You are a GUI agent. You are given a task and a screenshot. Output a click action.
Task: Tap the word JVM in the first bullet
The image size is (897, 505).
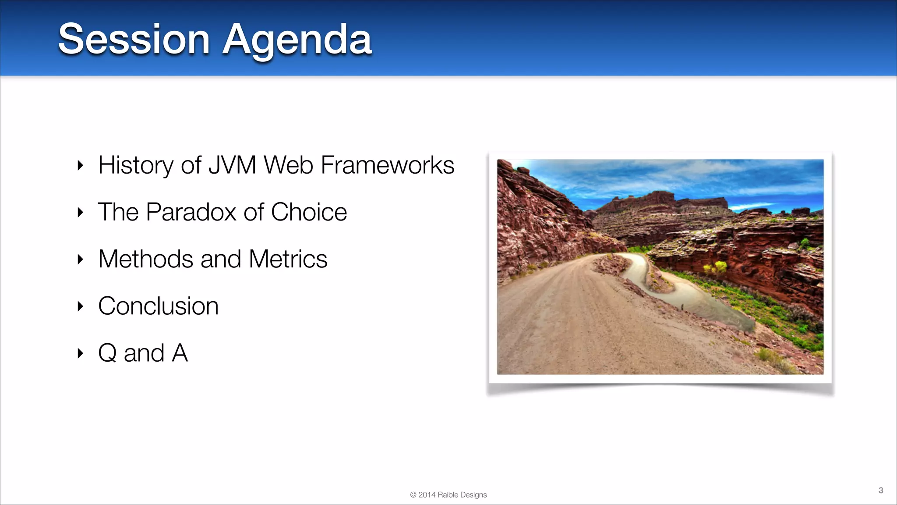click(232, 165)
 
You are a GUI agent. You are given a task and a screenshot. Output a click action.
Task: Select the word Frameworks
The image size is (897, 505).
click(387, 165)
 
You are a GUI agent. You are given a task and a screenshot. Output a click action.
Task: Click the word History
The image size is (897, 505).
click(136, 166)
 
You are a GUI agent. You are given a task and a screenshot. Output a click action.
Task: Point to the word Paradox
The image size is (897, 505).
click(191, 212)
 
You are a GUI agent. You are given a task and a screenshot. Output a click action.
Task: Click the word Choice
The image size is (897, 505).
click(309, 212)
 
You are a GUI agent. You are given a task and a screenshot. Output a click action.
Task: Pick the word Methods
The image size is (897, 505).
click(145, 259)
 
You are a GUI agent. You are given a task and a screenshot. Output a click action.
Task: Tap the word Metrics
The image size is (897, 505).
click(288, 259)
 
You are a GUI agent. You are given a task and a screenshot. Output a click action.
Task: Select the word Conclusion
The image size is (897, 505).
click(158, 306)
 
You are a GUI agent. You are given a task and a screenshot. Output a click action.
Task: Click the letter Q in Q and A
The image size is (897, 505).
click(107, 353)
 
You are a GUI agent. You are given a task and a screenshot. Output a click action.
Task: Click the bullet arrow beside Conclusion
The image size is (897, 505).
click(80, 306)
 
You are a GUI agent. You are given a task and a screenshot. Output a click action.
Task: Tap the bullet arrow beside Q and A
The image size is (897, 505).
click(80, 353)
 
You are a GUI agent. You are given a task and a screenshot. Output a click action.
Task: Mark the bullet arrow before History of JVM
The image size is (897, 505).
click(80, 165)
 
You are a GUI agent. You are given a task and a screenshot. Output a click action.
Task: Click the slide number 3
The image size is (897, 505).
click(880, 490)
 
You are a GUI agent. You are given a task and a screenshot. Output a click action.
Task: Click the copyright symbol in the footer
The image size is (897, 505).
click(413, 495)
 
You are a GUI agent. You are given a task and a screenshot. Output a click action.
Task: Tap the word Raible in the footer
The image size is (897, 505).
click(448, 495)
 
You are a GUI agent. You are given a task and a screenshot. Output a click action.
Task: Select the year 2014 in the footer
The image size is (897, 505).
click(427, 495)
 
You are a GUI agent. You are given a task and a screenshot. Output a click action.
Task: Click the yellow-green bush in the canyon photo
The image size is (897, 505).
click(715, 267)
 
